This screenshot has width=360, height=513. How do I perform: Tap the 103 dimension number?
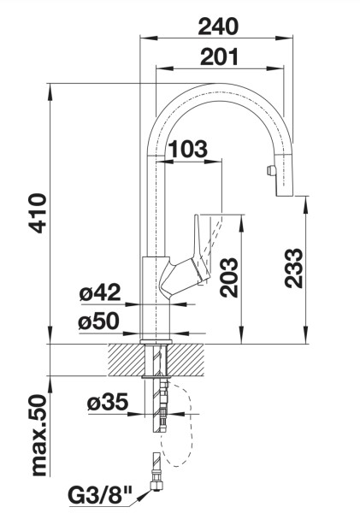tap(189, 149)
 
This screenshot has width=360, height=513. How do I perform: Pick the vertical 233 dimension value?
tap(293, 269)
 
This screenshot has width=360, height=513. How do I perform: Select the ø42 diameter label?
tap(101, 293)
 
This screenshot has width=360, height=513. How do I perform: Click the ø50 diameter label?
tap(101, 322)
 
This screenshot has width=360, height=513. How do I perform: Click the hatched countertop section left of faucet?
tap(127, 359)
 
